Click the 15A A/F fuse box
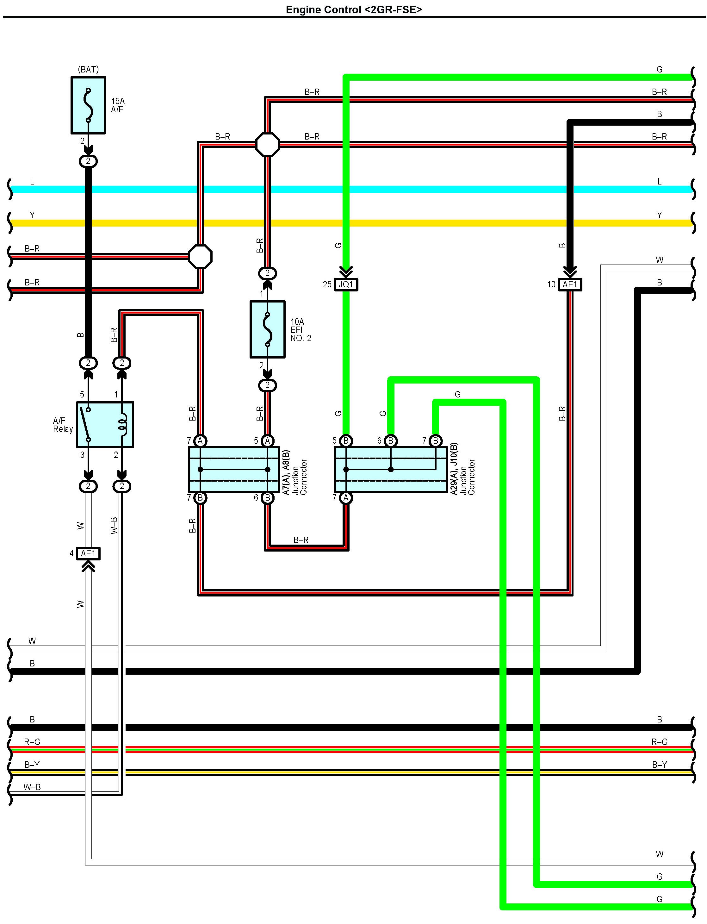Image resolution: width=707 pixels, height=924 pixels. point(88,105)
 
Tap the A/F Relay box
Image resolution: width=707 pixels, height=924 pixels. point(105,424)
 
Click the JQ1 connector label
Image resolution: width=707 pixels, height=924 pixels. point(345,284)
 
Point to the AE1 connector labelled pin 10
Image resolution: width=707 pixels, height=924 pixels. point(570,284)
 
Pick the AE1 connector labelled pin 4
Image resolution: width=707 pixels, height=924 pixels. point(88,553)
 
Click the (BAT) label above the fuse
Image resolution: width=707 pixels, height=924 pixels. point(88,69)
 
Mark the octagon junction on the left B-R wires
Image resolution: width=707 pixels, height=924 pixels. point(200,256)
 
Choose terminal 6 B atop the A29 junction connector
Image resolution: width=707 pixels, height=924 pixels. point(391,441)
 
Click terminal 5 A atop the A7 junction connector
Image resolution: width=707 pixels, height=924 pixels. point(267,441)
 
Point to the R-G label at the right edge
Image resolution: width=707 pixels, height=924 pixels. point(659,742)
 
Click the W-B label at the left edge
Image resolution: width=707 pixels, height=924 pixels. point(32,787)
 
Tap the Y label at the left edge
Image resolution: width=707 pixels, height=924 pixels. point(32,215)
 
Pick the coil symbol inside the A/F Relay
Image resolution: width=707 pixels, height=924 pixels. point(122,424)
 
